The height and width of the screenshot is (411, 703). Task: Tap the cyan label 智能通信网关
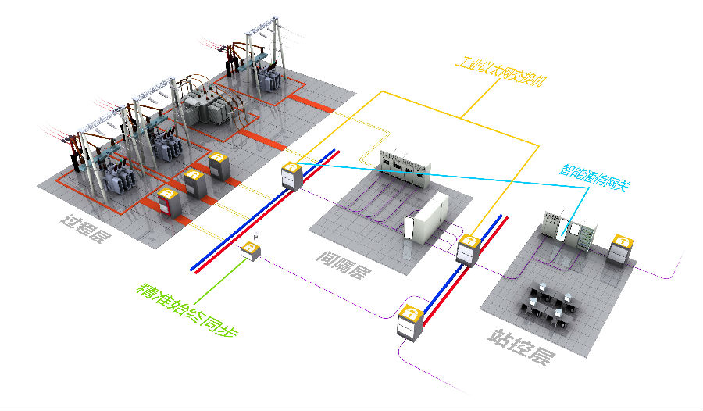[x=594, y=178]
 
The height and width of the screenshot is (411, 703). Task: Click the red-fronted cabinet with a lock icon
[x=169, y=203]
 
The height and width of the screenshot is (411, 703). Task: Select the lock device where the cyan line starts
[x=291, y=176]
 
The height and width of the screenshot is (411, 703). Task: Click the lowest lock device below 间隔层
[x=410, y=323]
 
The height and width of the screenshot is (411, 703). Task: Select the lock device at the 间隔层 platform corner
[x=468, y=250]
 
